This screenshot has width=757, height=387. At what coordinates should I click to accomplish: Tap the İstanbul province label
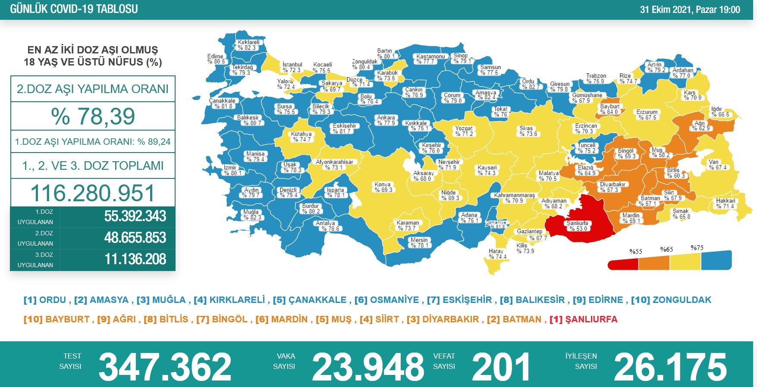pos(292,67)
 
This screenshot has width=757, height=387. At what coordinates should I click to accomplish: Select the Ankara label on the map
pos(386,120)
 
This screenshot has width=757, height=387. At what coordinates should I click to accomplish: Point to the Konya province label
pos(383,187)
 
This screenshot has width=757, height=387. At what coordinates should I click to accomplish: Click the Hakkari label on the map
pos(726,203)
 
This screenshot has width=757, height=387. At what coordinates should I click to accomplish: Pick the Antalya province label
pos(327,226)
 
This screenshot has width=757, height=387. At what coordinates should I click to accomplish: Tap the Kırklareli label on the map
pos(248,45)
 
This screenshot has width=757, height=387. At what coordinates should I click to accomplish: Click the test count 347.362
pos(165,366)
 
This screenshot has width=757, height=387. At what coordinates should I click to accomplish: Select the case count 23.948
pos(368,366)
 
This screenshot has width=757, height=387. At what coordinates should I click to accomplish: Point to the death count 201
pos(501,366)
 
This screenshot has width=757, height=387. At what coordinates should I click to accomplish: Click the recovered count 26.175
pos(670,366)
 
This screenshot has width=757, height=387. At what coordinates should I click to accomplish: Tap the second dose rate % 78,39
pos(93,116)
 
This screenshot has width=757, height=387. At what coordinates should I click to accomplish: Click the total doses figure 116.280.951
pos(93,193)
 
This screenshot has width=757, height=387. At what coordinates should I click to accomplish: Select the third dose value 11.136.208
pos(135,259)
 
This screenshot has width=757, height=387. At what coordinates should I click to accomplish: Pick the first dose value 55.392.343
pos(135,216)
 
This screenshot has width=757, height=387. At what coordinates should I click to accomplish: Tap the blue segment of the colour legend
pos(716,260)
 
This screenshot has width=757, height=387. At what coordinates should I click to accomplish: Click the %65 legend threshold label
pos(666,250)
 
